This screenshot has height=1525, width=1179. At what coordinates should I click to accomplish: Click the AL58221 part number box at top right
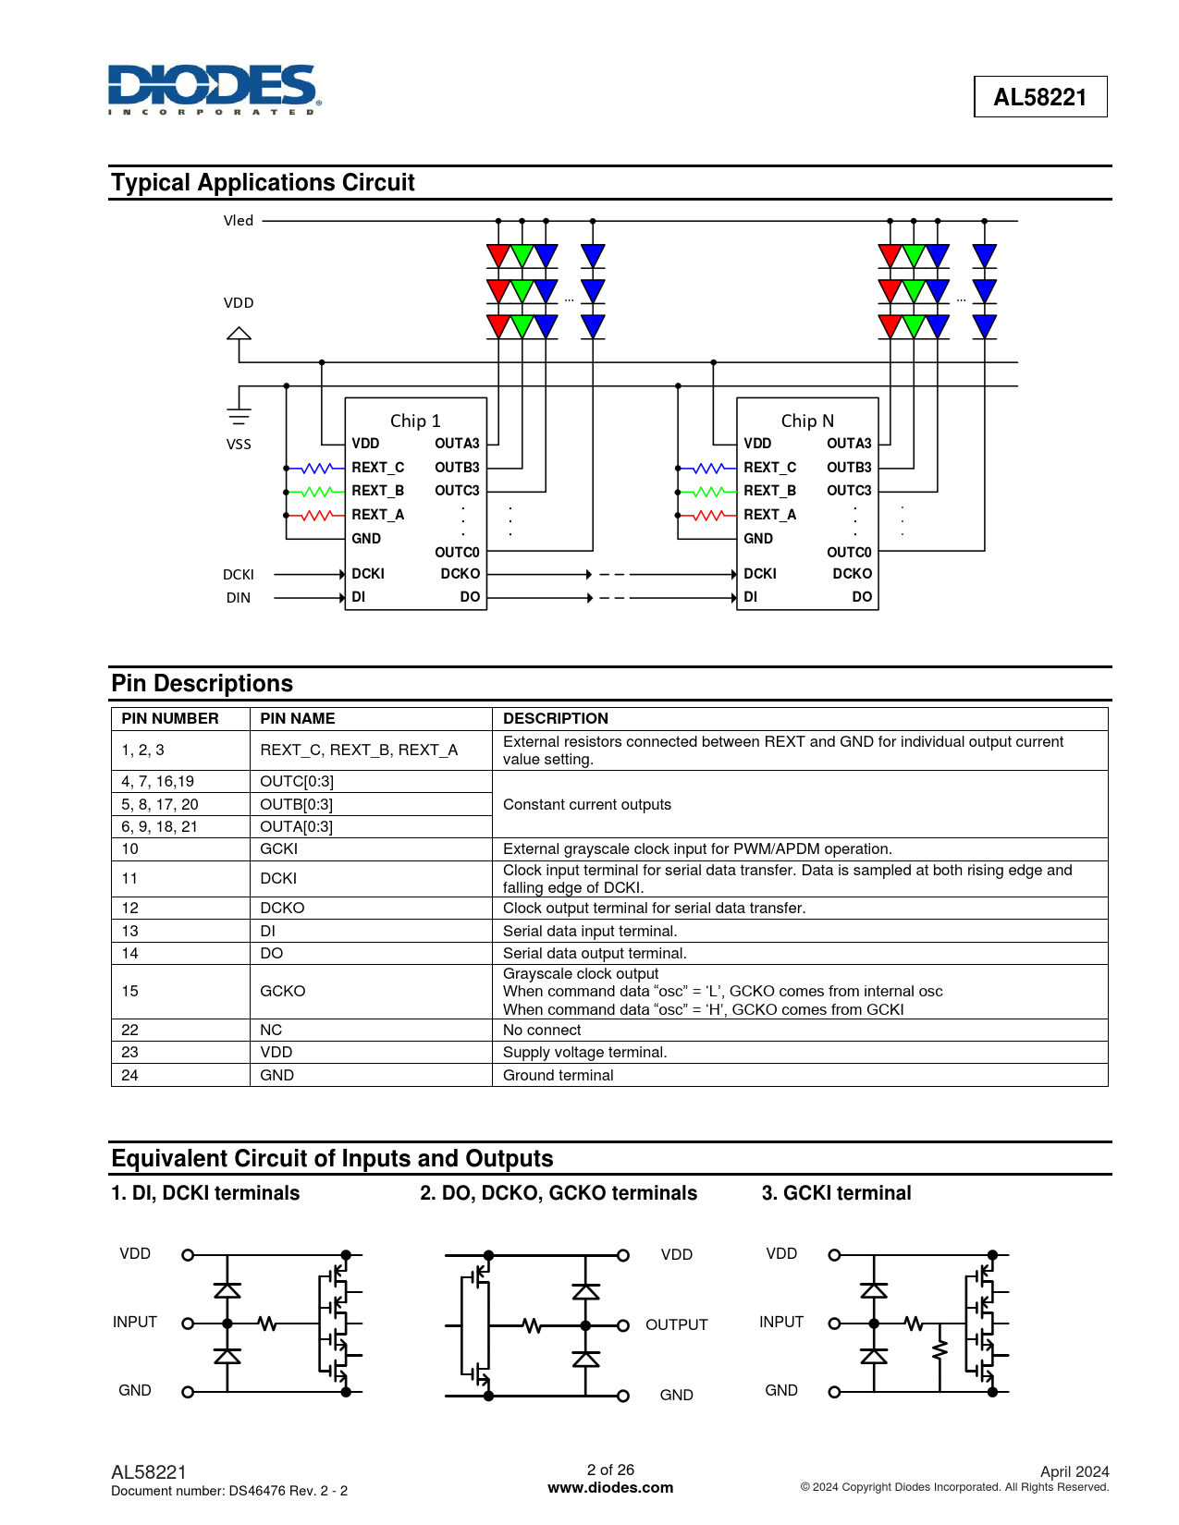[x=1039, y=97]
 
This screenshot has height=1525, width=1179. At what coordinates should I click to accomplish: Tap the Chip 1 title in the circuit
[x=415, y=421]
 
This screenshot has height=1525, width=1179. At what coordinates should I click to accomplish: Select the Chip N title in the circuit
[x=807, y=421]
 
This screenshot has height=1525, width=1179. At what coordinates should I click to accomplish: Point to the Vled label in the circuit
[x=239, y=221]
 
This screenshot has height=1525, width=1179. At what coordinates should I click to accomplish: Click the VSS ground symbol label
[x=239, y=445]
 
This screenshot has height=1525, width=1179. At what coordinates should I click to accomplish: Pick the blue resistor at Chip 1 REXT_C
[x=317, y=469]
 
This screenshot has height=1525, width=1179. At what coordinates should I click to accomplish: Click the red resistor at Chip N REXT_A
[x=709, y=516]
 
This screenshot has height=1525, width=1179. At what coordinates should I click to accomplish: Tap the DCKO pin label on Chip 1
[x=460, y=574]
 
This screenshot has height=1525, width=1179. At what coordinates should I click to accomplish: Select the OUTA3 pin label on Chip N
[x=849, y=444]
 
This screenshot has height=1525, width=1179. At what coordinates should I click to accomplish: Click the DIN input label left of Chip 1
[x=239, y=598]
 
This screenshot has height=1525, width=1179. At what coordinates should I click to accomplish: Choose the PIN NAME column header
[x=298, y=719]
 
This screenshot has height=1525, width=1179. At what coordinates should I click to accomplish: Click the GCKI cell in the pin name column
[x=279, y=849]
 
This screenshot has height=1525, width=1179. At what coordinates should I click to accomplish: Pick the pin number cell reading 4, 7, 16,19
[x=158, y=782]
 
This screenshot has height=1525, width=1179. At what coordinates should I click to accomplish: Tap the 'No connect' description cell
[x=543, y=1031]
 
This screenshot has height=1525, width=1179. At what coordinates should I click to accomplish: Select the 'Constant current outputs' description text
[x=587, y=805]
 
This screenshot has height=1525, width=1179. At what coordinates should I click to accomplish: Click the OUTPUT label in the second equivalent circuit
[x=677, y=1325]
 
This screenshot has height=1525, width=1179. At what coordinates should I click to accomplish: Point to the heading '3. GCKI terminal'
[x=836, y=1193]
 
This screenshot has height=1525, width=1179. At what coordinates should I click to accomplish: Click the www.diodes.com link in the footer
[x=610, y=1488]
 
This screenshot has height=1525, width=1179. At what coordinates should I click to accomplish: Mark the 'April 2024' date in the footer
[x=1075, y=1472]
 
